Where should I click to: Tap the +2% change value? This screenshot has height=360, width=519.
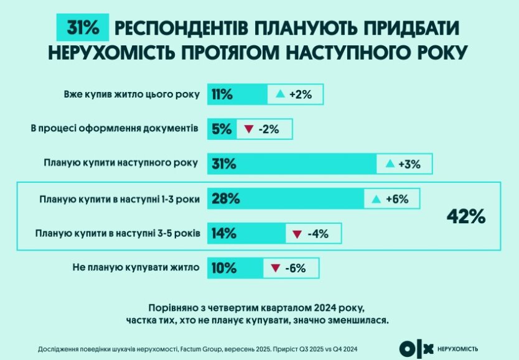click(299, 95)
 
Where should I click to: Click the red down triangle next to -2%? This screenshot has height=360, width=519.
click(248, 129)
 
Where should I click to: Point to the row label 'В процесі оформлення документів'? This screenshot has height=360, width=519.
click(115, 129)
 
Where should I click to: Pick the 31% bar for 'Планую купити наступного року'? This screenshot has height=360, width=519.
click(293, 164)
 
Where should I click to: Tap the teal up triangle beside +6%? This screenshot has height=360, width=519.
click(375, 200)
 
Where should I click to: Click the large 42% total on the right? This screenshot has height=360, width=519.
click(465, 216)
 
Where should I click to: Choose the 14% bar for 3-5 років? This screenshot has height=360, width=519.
click(244, 234)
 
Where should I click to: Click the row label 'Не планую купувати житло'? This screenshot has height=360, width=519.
click(133, 269)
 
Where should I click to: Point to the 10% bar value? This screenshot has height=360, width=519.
click(224, 269)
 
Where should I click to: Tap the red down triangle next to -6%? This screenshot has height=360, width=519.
click(274, 269)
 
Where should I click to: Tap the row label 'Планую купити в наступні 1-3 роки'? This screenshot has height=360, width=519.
click(119, 200)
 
